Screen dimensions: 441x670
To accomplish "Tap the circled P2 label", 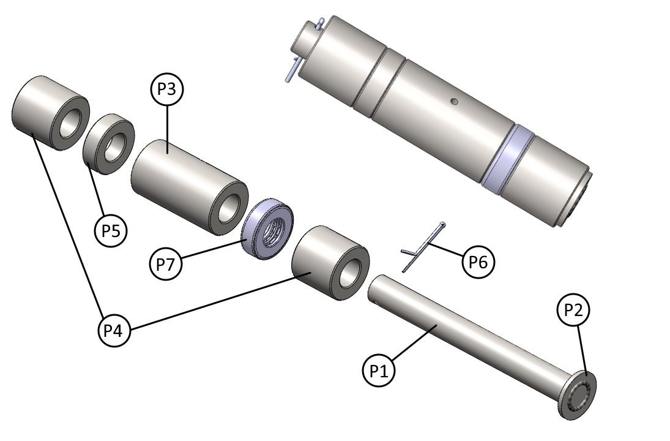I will (x=573, y=311).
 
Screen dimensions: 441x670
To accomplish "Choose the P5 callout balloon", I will (x=111, y=230).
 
